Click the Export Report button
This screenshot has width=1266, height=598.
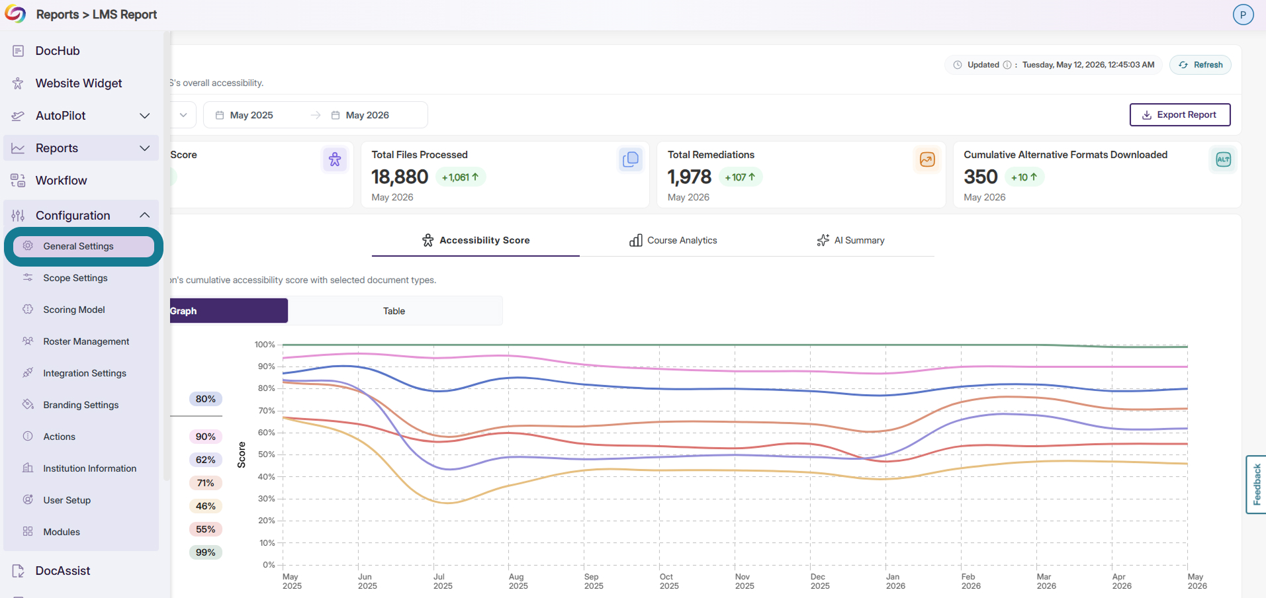coord(1180,114)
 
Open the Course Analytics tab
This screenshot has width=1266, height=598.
coord(673,240)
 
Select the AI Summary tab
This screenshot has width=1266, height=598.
coord(850,240)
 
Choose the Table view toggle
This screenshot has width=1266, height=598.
coord(394,311)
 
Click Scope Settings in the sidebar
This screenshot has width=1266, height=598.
coord(75,278)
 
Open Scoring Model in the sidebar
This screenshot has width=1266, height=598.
coord(74,310)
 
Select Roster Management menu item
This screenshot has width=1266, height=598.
coord(86,341)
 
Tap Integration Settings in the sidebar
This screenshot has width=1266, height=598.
coord(85,373)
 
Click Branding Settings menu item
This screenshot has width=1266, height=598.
coord(81,405)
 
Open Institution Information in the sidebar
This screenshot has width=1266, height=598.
coord(89,468)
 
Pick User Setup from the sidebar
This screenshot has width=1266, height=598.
coord(67,500)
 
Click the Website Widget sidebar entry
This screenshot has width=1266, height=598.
coord(79,83)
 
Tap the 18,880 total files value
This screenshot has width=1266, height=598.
coord(400,177)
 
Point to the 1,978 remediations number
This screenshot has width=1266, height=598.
coord(690,177)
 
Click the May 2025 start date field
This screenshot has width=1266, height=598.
coord(251,115)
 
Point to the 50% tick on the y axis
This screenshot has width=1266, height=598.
coord(267,454)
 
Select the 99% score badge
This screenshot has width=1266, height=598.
coord(206,552)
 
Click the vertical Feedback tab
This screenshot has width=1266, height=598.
coord(1257,484)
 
